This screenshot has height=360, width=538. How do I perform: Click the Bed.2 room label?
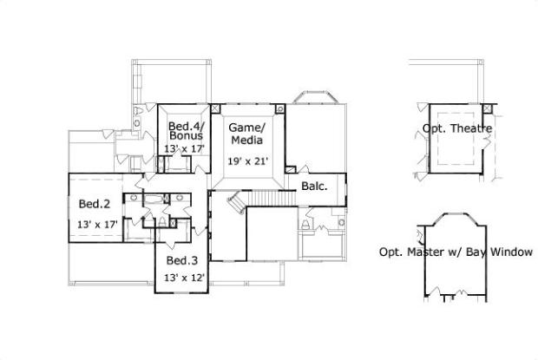95,204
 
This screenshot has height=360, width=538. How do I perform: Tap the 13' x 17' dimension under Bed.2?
97,225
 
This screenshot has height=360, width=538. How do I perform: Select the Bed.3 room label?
182,260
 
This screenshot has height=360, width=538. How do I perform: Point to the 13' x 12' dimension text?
184,278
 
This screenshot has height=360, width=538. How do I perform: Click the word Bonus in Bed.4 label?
186,136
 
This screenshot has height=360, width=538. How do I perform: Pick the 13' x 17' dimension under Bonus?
184,149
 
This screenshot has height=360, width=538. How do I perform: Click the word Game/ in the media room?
247,128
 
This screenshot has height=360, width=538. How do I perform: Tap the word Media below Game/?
247,141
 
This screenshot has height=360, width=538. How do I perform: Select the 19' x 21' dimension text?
247,161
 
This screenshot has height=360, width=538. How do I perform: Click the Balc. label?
314,187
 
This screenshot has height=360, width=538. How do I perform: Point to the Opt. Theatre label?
457,128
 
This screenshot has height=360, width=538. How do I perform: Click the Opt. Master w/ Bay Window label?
456,252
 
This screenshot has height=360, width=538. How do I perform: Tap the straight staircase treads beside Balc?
271,199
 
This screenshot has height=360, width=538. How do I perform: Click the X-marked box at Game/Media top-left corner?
215,108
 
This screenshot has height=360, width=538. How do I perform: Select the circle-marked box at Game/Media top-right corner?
280,108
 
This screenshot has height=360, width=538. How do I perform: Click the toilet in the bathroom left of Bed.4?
139,111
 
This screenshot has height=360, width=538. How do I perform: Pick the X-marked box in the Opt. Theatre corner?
487,108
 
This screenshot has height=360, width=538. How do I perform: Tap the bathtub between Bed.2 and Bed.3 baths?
154,200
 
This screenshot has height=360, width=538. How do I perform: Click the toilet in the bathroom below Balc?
305,225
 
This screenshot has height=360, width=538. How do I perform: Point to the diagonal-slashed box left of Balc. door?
291,169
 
